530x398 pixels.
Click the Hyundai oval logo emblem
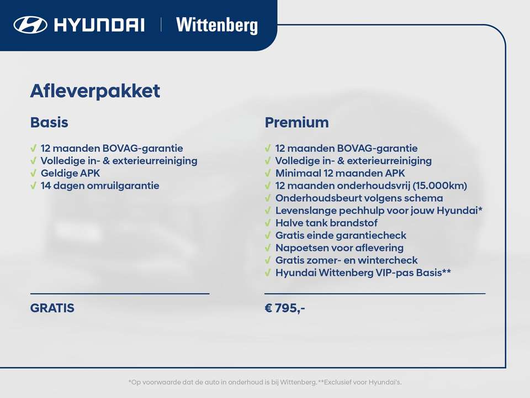[31, 25]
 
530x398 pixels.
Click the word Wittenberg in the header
[216, 25]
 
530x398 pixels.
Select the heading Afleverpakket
[95, 91]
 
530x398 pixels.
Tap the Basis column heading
[49, 122]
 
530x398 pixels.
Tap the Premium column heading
[296, 122]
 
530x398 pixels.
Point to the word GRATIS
[52, 308]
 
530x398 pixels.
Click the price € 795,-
[285, 308]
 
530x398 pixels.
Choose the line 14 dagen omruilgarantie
[99, 186]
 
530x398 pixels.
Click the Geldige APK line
[70, 173]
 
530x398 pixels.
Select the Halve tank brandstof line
[326, 223]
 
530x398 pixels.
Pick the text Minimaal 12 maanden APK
[340, 173]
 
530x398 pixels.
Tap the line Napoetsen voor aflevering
[339, 248]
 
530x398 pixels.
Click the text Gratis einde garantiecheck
[341, 235]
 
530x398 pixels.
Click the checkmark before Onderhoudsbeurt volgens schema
[268, 198]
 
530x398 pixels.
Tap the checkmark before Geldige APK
[34, 173]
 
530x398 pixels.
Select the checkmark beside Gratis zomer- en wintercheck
[268, 260]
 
